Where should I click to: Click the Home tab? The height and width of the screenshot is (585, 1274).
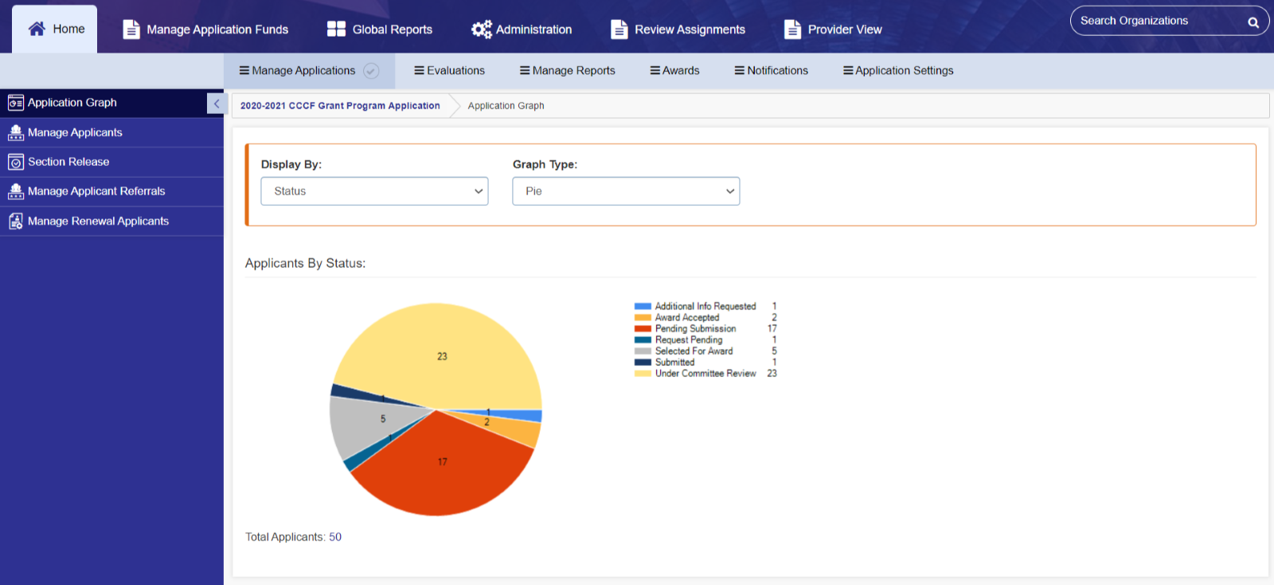[56, 29]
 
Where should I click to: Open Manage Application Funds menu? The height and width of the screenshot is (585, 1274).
[205, 29]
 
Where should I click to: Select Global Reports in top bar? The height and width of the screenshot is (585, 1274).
[380, 29]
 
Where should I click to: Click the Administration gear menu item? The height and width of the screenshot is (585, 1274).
[522, 29]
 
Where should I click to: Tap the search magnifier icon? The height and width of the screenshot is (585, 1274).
[1253, 22]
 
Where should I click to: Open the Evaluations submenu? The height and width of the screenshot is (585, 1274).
[449, 71]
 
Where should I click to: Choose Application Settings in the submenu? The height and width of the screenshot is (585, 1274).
[898, 71]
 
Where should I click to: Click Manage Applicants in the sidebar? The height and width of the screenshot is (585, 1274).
[75, 132]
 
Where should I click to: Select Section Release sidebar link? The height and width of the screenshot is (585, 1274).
[68, 162]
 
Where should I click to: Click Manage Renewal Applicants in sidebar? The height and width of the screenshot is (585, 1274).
[98, 221]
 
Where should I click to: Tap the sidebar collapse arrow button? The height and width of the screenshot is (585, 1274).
[217, 104]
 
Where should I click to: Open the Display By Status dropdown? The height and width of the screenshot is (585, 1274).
[374, 191]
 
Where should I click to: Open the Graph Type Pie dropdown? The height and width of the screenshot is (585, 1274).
[626, 191]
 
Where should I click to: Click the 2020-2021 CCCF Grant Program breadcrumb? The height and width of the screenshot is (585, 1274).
[340, 106]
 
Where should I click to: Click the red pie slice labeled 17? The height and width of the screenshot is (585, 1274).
[443, 470]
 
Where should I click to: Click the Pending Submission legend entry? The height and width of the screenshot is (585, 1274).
[694, 328]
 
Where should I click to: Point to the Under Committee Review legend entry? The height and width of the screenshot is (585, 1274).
[705, 373]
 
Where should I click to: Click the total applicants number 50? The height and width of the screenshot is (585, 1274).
[335, 537]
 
